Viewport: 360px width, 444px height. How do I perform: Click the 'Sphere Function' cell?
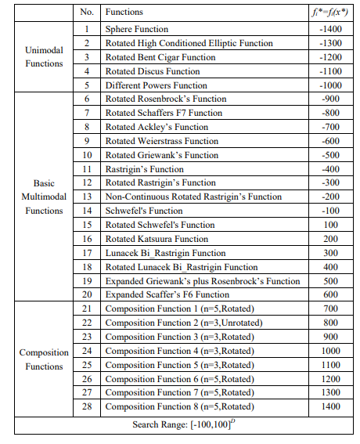137,29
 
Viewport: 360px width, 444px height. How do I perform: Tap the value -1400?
330,29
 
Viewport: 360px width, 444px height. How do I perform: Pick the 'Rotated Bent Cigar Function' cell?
160,57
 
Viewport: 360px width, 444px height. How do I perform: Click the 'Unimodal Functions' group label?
44,57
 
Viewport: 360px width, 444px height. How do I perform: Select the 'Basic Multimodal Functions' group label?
44,197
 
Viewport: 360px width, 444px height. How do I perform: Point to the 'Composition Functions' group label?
44,359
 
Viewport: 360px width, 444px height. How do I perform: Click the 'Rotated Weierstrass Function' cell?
162,141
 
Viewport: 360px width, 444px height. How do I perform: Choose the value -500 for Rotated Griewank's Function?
330,155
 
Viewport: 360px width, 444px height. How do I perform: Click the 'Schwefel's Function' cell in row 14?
143,211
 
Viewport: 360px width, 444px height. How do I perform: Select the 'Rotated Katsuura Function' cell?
157,239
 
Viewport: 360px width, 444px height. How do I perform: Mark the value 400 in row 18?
330,267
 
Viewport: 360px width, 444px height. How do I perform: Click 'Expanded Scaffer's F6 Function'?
167,294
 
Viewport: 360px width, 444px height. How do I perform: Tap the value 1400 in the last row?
330,407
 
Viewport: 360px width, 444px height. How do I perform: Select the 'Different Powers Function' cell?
157,85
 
